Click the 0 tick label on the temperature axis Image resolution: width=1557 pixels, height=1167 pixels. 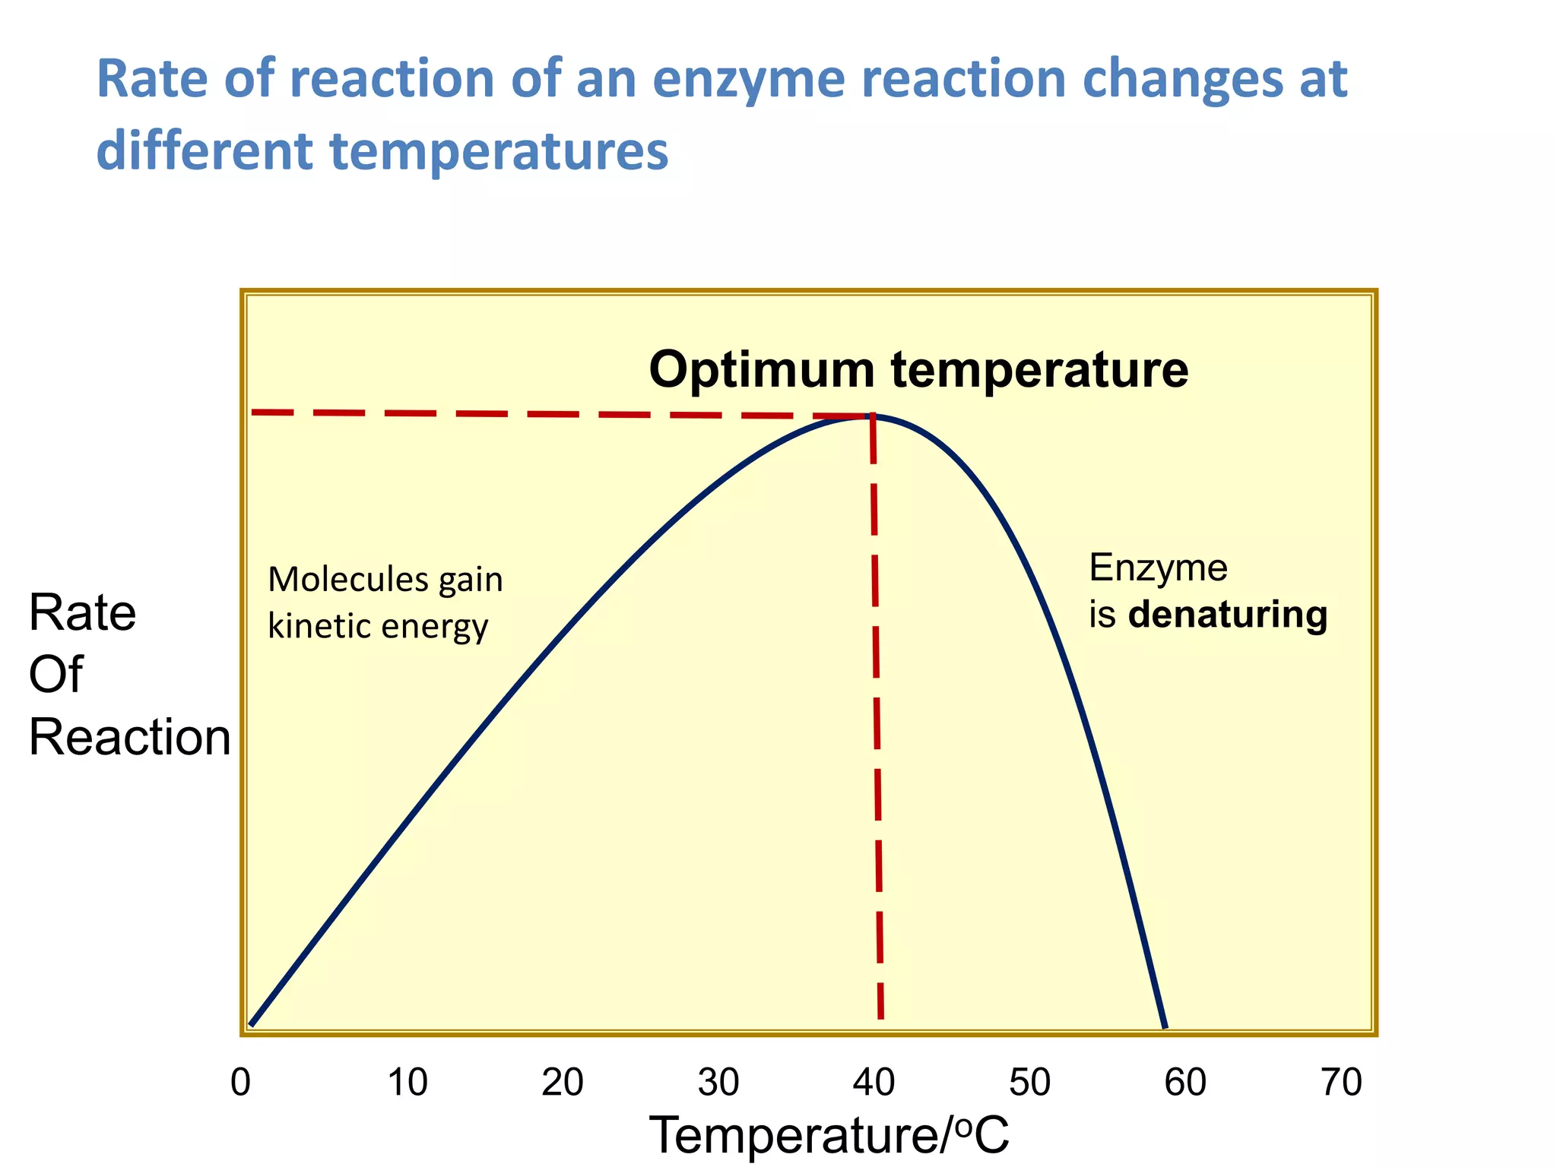click(x=240, y=1083)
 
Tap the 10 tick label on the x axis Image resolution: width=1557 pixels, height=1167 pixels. click(x=407, y=1083)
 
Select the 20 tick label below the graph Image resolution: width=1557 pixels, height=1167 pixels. click(x=563, y=1083)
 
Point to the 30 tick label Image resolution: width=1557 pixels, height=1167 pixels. click(x=718, y=1083)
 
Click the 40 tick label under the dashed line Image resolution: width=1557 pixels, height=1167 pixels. click(x=874, y=1083)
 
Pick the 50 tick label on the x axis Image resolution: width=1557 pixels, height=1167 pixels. click(x=1030, y=1083)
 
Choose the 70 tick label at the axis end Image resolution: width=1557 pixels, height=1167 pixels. click(x=1342, y=1083)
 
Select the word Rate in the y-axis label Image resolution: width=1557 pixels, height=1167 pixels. click(x=82, y=612)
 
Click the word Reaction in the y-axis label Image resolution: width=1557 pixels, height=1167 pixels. click(x=129, y=737)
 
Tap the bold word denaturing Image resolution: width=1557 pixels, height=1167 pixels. click(x=1228, y=614)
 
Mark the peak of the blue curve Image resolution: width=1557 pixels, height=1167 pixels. click(x=872, y=416)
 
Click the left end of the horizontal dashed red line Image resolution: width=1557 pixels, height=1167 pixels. click(x=254, y=412)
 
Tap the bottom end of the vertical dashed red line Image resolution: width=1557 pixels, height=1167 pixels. click(x=880, y=1017)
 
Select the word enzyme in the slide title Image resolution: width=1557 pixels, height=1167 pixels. click(x=749, y=79)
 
